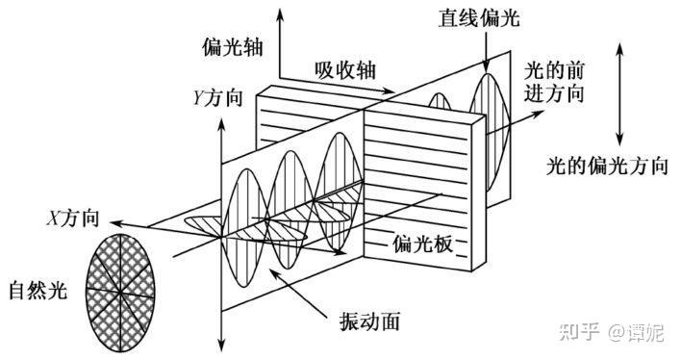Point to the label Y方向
tap(217, 97)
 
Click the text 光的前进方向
tap(556, 83)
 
